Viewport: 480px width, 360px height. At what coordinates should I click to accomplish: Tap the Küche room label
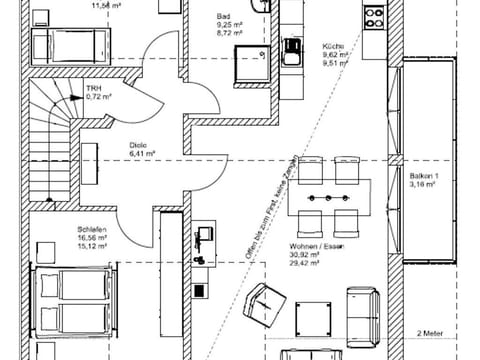click(x=333, y=46)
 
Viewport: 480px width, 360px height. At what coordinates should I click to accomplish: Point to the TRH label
click(x=94, y=88)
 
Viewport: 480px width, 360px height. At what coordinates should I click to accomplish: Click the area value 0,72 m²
click(x=97, y=97)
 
